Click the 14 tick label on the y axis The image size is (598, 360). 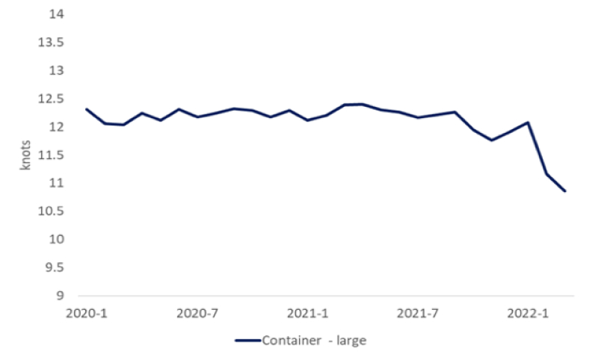[57, 14]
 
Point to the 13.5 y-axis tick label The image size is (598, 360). [51, 43]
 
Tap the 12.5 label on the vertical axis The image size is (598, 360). [51, 99]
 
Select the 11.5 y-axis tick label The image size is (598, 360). [51, 155]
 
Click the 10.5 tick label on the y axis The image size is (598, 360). [51, 211]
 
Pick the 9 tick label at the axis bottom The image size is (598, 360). [60, 296]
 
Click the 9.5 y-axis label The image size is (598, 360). [55, 267]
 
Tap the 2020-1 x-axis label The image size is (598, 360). [87, 314]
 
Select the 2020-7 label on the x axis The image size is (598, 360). [197, 314]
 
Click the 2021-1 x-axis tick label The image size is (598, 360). [308, 314]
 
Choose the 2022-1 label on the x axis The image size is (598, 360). [528, 314]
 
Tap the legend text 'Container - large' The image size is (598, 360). [314, 341]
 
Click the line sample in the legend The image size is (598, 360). [247, 341]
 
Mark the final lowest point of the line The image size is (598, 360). [565, 191]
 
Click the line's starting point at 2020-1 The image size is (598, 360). [87, 109]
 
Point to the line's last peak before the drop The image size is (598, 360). [528, 122]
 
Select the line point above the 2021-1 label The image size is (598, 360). [308, 120]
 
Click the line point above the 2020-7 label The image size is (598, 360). [197, 117]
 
